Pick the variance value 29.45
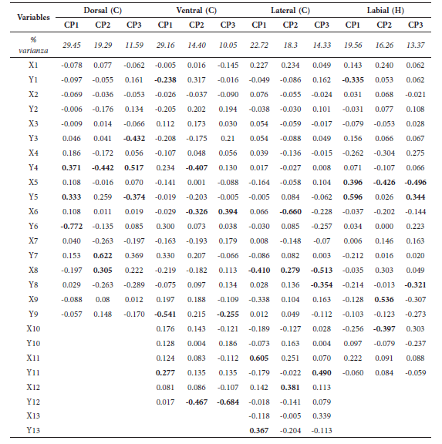pos(73,45)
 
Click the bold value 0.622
pos(103,254)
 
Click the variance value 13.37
pos(416,45)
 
